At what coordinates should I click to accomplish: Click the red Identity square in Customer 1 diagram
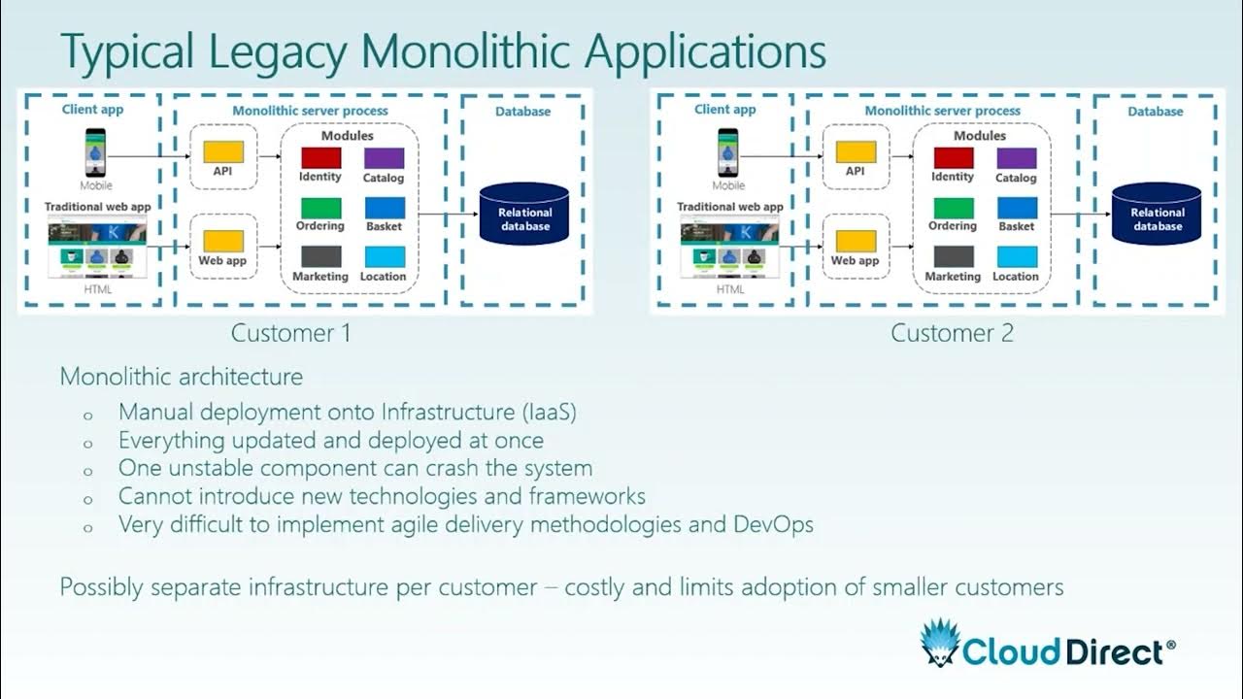coord(320,157)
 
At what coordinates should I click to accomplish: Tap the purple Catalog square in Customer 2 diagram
coord(1016,157)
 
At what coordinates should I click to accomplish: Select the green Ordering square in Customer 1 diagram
coord(320,208)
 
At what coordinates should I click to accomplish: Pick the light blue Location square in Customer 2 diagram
coord(1016,257)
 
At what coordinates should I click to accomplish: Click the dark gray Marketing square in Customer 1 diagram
coord(320,257)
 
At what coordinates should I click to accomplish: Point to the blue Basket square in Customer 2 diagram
coord(1016,208)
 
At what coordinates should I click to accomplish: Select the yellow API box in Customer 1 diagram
coord(223,152)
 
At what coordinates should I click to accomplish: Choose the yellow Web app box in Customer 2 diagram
coord(856,241)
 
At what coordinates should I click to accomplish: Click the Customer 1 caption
coord(290,333)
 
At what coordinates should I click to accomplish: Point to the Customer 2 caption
coord(952,333)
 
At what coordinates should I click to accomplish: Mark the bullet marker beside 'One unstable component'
coord(88,470)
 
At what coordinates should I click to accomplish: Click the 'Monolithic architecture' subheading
coord(182,377)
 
